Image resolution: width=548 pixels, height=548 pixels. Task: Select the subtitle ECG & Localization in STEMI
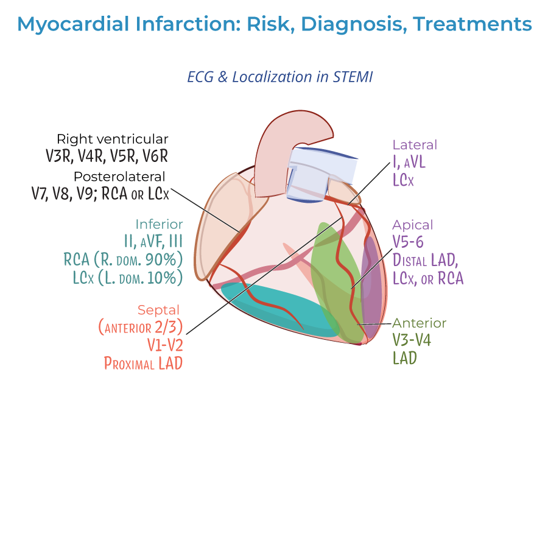[x=279, y=77]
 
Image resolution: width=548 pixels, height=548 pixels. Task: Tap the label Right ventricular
[x=113, y=139]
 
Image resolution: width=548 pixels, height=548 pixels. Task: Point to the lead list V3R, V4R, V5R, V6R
[x=107, y=156]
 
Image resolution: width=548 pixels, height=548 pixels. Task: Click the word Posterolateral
[x=119, y=177]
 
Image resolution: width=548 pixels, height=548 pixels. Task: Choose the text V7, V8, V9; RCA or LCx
[x=100, y=194]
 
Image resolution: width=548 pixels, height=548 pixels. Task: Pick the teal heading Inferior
[x=159, y=225]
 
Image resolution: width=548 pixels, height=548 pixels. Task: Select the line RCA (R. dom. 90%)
[x=123, y=259]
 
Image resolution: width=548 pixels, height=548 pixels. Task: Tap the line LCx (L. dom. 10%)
[x=123, y=278]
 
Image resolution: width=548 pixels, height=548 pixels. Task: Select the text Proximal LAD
[x=143, y=364]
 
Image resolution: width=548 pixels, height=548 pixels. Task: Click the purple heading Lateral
[x=415, y=145]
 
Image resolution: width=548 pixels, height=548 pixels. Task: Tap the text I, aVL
[x=412, y=162]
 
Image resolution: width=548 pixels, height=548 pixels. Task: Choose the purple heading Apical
[x=413, y=225]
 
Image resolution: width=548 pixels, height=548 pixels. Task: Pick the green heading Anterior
[x=419, y=323]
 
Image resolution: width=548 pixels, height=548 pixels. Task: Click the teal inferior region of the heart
[x=274, y=307]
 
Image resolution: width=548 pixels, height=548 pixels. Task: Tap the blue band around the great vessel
[x=323, y=164]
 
